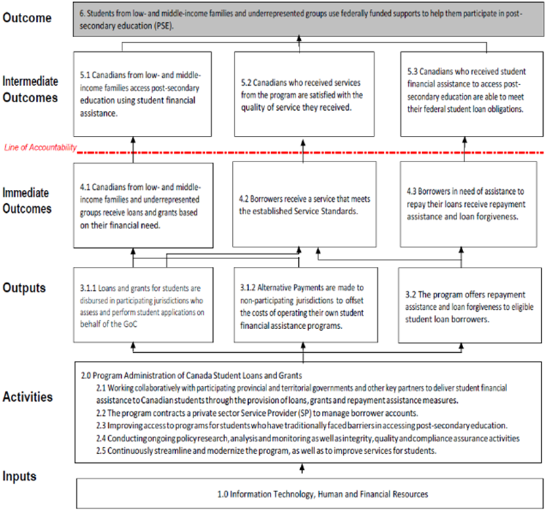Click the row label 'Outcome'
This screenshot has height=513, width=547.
[27, 18]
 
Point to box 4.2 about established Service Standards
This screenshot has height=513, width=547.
[301, 204]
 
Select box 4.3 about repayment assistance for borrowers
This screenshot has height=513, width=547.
[470, 204]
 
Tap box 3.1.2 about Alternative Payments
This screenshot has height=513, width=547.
[302, 305]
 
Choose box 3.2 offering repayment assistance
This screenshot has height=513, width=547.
[470, 306]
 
